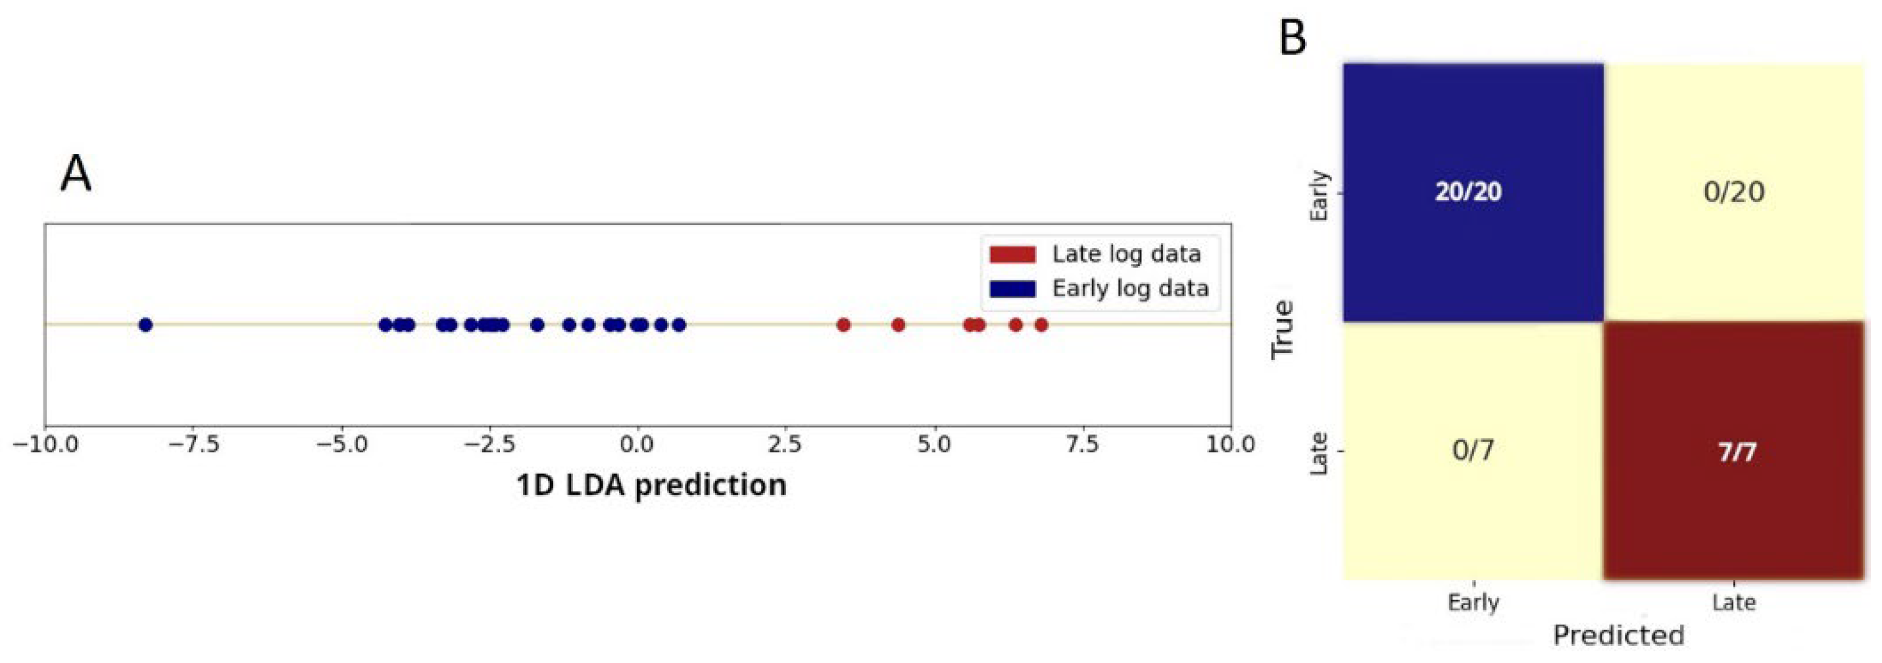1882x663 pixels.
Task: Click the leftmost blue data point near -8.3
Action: coord(145,325)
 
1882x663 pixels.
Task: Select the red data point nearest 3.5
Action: coord(843,325)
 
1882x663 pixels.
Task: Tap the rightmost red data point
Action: coord(1041,325)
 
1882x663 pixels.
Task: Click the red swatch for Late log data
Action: coord(1012,254)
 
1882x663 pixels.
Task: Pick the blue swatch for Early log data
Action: coord(1012,290)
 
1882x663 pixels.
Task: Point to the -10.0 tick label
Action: coord(45,444)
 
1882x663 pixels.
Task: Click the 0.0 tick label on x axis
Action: coord(638,444)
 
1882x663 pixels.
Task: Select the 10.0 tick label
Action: coord(1230,444)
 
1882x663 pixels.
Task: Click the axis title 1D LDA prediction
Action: coord(651,485)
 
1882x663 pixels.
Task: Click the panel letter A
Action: coord(76,174)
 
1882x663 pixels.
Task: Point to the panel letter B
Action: coord(1293,38)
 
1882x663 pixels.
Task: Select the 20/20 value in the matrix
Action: coord(1468,192)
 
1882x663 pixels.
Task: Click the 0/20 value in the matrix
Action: coord(1734,192)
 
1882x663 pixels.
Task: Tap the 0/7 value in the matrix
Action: coord(1473,450)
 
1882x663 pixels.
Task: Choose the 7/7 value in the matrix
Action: coord(1737,452)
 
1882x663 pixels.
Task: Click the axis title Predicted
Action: coord(1618,635)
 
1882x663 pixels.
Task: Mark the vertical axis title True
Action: coord(1283,330)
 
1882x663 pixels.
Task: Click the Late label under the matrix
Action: coord(1734,602)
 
